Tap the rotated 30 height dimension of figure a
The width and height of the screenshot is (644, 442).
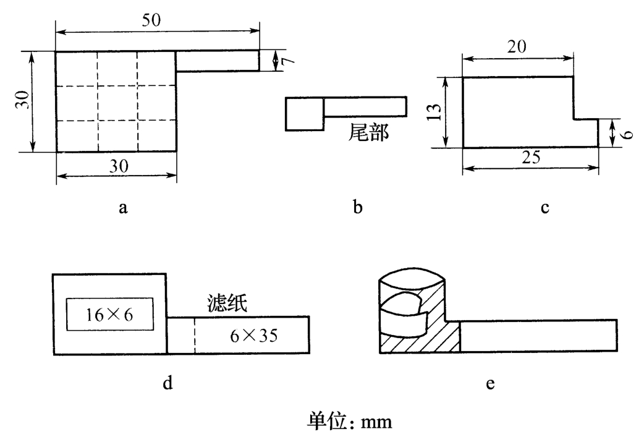22,101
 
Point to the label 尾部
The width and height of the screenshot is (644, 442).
369,132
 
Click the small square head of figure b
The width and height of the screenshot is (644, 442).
304,114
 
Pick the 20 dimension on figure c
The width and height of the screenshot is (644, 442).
518,47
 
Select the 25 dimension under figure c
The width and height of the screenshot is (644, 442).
530,158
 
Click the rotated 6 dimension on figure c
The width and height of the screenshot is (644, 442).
626,134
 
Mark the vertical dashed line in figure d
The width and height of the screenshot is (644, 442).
195,335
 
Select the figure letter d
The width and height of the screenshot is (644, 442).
167,383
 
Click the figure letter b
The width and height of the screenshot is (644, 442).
357,207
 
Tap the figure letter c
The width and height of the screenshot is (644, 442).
544,208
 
